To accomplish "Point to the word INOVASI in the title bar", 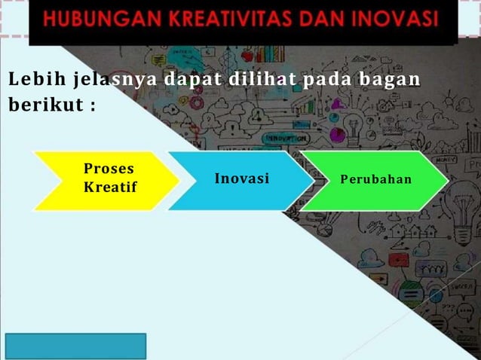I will (x=392, y=18).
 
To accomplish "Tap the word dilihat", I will (x=261, y=79).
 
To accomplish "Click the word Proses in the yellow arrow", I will (x=109, y=170).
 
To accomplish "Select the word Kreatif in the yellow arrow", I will (x=110, y=186).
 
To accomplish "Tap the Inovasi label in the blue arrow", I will (x=241, y=179).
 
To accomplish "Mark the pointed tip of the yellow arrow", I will (x=179, y=180).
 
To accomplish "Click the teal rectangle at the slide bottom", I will (x=75, y=346).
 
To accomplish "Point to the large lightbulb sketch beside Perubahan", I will (x=461, y=200).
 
